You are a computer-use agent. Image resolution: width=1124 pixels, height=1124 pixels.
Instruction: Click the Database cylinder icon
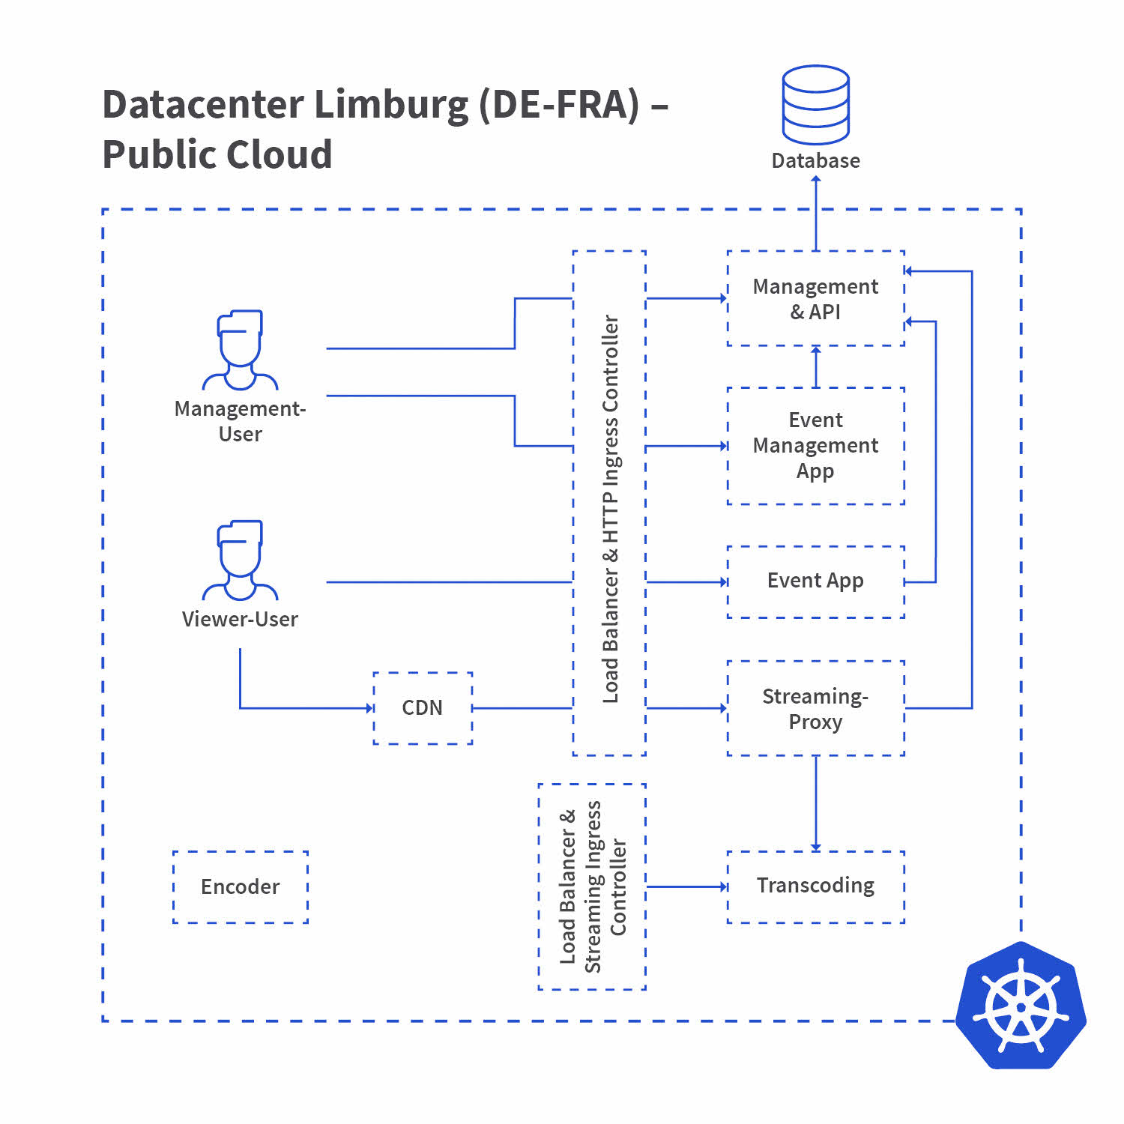[815, 105]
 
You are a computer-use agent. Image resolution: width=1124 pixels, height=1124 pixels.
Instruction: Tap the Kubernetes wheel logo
[1021, 1006]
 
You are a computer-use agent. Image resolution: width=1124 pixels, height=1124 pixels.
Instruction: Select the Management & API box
[815, 299]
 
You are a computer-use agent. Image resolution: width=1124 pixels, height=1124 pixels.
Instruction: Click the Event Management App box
[815, 446]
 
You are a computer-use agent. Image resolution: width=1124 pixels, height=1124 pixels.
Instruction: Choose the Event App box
[815, 581]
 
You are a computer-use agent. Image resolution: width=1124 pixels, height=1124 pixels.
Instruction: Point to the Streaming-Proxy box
[815, 708]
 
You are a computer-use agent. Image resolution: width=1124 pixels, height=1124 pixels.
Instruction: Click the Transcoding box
[815, 886]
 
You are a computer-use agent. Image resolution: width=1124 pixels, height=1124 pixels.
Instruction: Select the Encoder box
[240, 887]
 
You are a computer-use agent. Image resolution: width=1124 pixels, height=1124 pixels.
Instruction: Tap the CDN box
[423, 708]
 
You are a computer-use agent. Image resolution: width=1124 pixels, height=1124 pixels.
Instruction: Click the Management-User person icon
[240, 350]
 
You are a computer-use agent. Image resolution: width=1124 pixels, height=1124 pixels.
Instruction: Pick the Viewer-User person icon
[240, 561]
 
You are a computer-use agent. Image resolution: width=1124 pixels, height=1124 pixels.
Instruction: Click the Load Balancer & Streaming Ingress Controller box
[592, 886]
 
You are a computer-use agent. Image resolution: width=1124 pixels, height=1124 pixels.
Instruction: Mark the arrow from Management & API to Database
[816, 214]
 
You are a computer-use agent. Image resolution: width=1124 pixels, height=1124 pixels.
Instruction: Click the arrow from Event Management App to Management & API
[816, 366]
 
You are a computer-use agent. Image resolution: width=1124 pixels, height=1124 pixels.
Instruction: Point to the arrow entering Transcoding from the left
[686, 887]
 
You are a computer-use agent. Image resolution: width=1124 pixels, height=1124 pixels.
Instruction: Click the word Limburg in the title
[390, 105]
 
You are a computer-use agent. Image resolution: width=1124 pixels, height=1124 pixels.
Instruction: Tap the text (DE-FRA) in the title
[559, 105]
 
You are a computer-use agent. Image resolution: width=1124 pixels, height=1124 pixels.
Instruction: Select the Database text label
[815, 161]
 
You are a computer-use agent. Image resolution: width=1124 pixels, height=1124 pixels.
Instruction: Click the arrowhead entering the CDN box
[369, 708]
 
